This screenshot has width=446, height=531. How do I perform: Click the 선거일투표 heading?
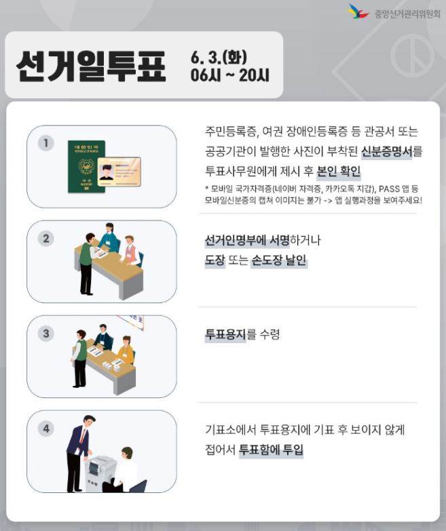91,66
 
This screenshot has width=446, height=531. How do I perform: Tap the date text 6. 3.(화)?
219,57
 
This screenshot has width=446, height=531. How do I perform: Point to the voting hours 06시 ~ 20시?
230,75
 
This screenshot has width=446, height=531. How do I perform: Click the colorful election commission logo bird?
358,12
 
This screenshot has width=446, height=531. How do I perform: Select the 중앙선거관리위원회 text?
407,14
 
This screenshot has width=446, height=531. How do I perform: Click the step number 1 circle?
46,143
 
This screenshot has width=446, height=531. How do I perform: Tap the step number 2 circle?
46,239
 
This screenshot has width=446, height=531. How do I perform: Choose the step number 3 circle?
46,334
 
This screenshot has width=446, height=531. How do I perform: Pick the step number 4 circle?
46,429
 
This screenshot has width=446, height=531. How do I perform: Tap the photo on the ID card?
107,172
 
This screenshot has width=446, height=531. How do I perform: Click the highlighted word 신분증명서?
387,151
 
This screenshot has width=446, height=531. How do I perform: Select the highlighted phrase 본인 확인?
338,172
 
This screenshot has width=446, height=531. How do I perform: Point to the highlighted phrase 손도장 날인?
279,260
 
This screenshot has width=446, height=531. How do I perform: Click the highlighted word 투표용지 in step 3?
225,334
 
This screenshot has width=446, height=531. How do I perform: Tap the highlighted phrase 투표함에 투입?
271,450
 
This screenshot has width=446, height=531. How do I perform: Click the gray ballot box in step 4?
100,473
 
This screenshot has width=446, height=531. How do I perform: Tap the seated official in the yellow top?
126,351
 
